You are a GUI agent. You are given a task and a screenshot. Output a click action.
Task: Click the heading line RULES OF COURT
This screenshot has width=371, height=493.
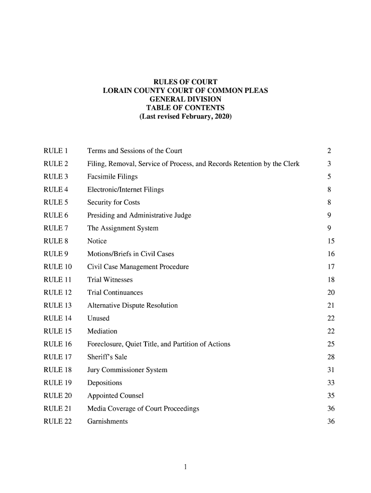185,82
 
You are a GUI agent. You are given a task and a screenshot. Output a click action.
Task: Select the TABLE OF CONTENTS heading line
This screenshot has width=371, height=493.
185,108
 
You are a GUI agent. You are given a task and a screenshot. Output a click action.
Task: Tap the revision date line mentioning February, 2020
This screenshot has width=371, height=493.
185,117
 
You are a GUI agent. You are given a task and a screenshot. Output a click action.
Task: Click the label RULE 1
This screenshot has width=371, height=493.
56,151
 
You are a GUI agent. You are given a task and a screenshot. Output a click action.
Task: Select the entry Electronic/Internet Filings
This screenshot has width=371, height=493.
125,190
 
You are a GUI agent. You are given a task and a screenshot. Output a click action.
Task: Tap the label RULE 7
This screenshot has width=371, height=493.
56,228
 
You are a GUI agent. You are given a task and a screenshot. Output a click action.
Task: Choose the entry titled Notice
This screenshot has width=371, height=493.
97,241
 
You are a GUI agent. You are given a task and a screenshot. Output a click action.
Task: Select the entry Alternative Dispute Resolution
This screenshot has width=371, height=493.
132,306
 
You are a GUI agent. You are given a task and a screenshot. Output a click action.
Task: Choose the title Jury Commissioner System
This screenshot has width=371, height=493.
127,370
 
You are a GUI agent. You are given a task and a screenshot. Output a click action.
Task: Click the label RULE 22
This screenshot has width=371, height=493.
58,422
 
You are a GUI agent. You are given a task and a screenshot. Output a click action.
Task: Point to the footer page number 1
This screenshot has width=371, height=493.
185,467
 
